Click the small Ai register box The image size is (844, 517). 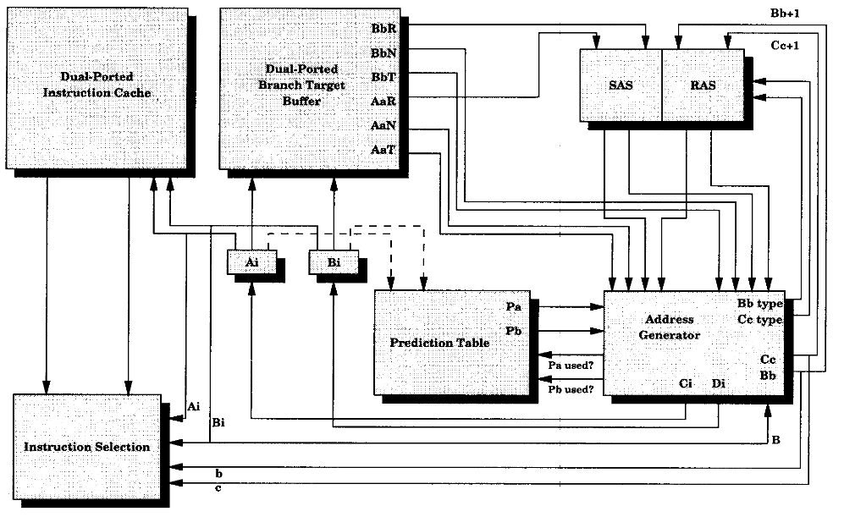pos(251,263)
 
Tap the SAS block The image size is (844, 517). pos(620,85)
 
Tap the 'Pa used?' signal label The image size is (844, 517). pos(571,366)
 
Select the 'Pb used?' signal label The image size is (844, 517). pos(571,389)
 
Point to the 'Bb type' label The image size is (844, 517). pos(760,303)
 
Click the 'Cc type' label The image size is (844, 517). pos(760,320)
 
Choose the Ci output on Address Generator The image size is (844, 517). pos(687,383)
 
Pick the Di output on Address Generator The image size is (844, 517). pos(718,383)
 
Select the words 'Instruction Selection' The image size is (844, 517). pos(87,447)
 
